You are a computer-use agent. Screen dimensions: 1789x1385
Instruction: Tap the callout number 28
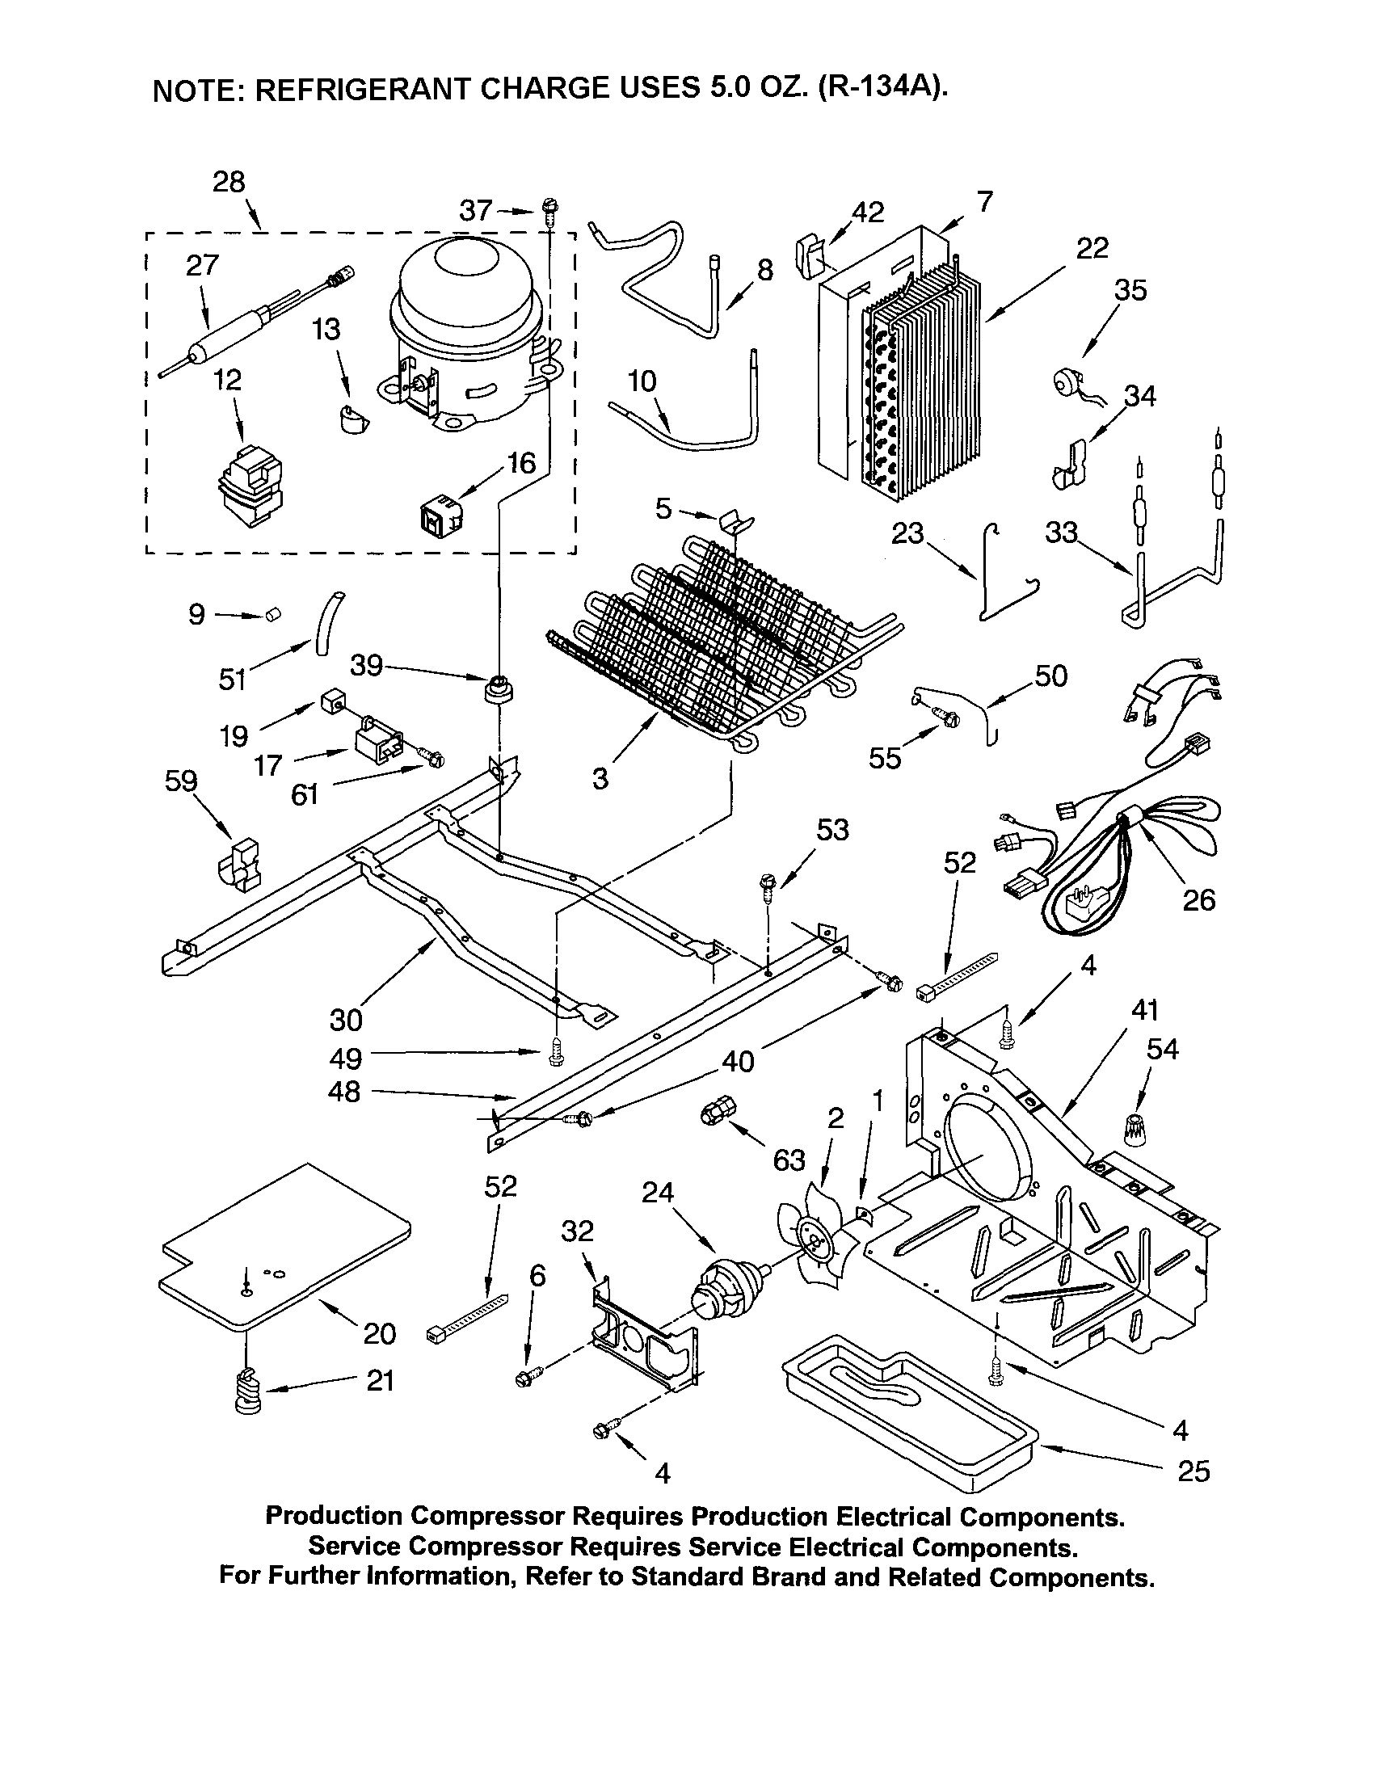[x=229, y=182]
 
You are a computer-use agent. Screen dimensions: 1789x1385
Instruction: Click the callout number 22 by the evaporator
[x=1092, y=248]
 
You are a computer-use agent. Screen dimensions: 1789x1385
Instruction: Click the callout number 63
[x=789, y=1160]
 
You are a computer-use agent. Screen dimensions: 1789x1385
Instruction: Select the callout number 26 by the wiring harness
[x=1198, y=900]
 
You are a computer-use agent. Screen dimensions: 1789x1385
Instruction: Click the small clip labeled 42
[x=810, y=247]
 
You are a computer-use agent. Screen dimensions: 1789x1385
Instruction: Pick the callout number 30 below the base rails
[x=346, y=1020]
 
